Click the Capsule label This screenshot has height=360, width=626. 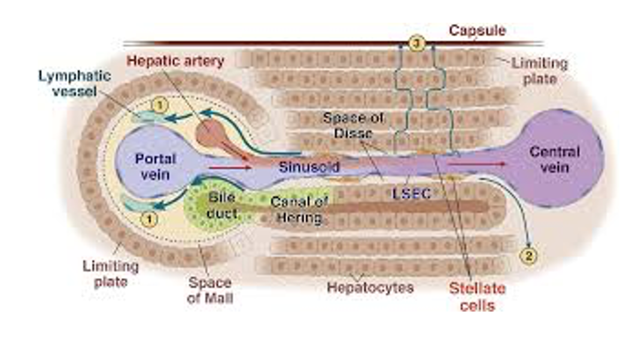477,30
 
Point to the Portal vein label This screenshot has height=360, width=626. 156,167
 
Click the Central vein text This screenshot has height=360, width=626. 554,158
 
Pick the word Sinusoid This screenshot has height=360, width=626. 309,167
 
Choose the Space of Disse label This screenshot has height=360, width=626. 353,125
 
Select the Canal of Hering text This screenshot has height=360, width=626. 299,210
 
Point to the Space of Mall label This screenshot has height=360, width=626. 210,290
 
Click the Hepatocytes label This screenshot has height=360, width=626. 370,288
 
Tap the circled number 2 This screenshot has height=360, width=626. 528,255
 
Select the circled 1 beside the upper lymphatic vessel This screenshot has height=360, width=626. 159,105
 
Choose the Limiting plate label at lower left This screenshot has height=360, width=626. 110,273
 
